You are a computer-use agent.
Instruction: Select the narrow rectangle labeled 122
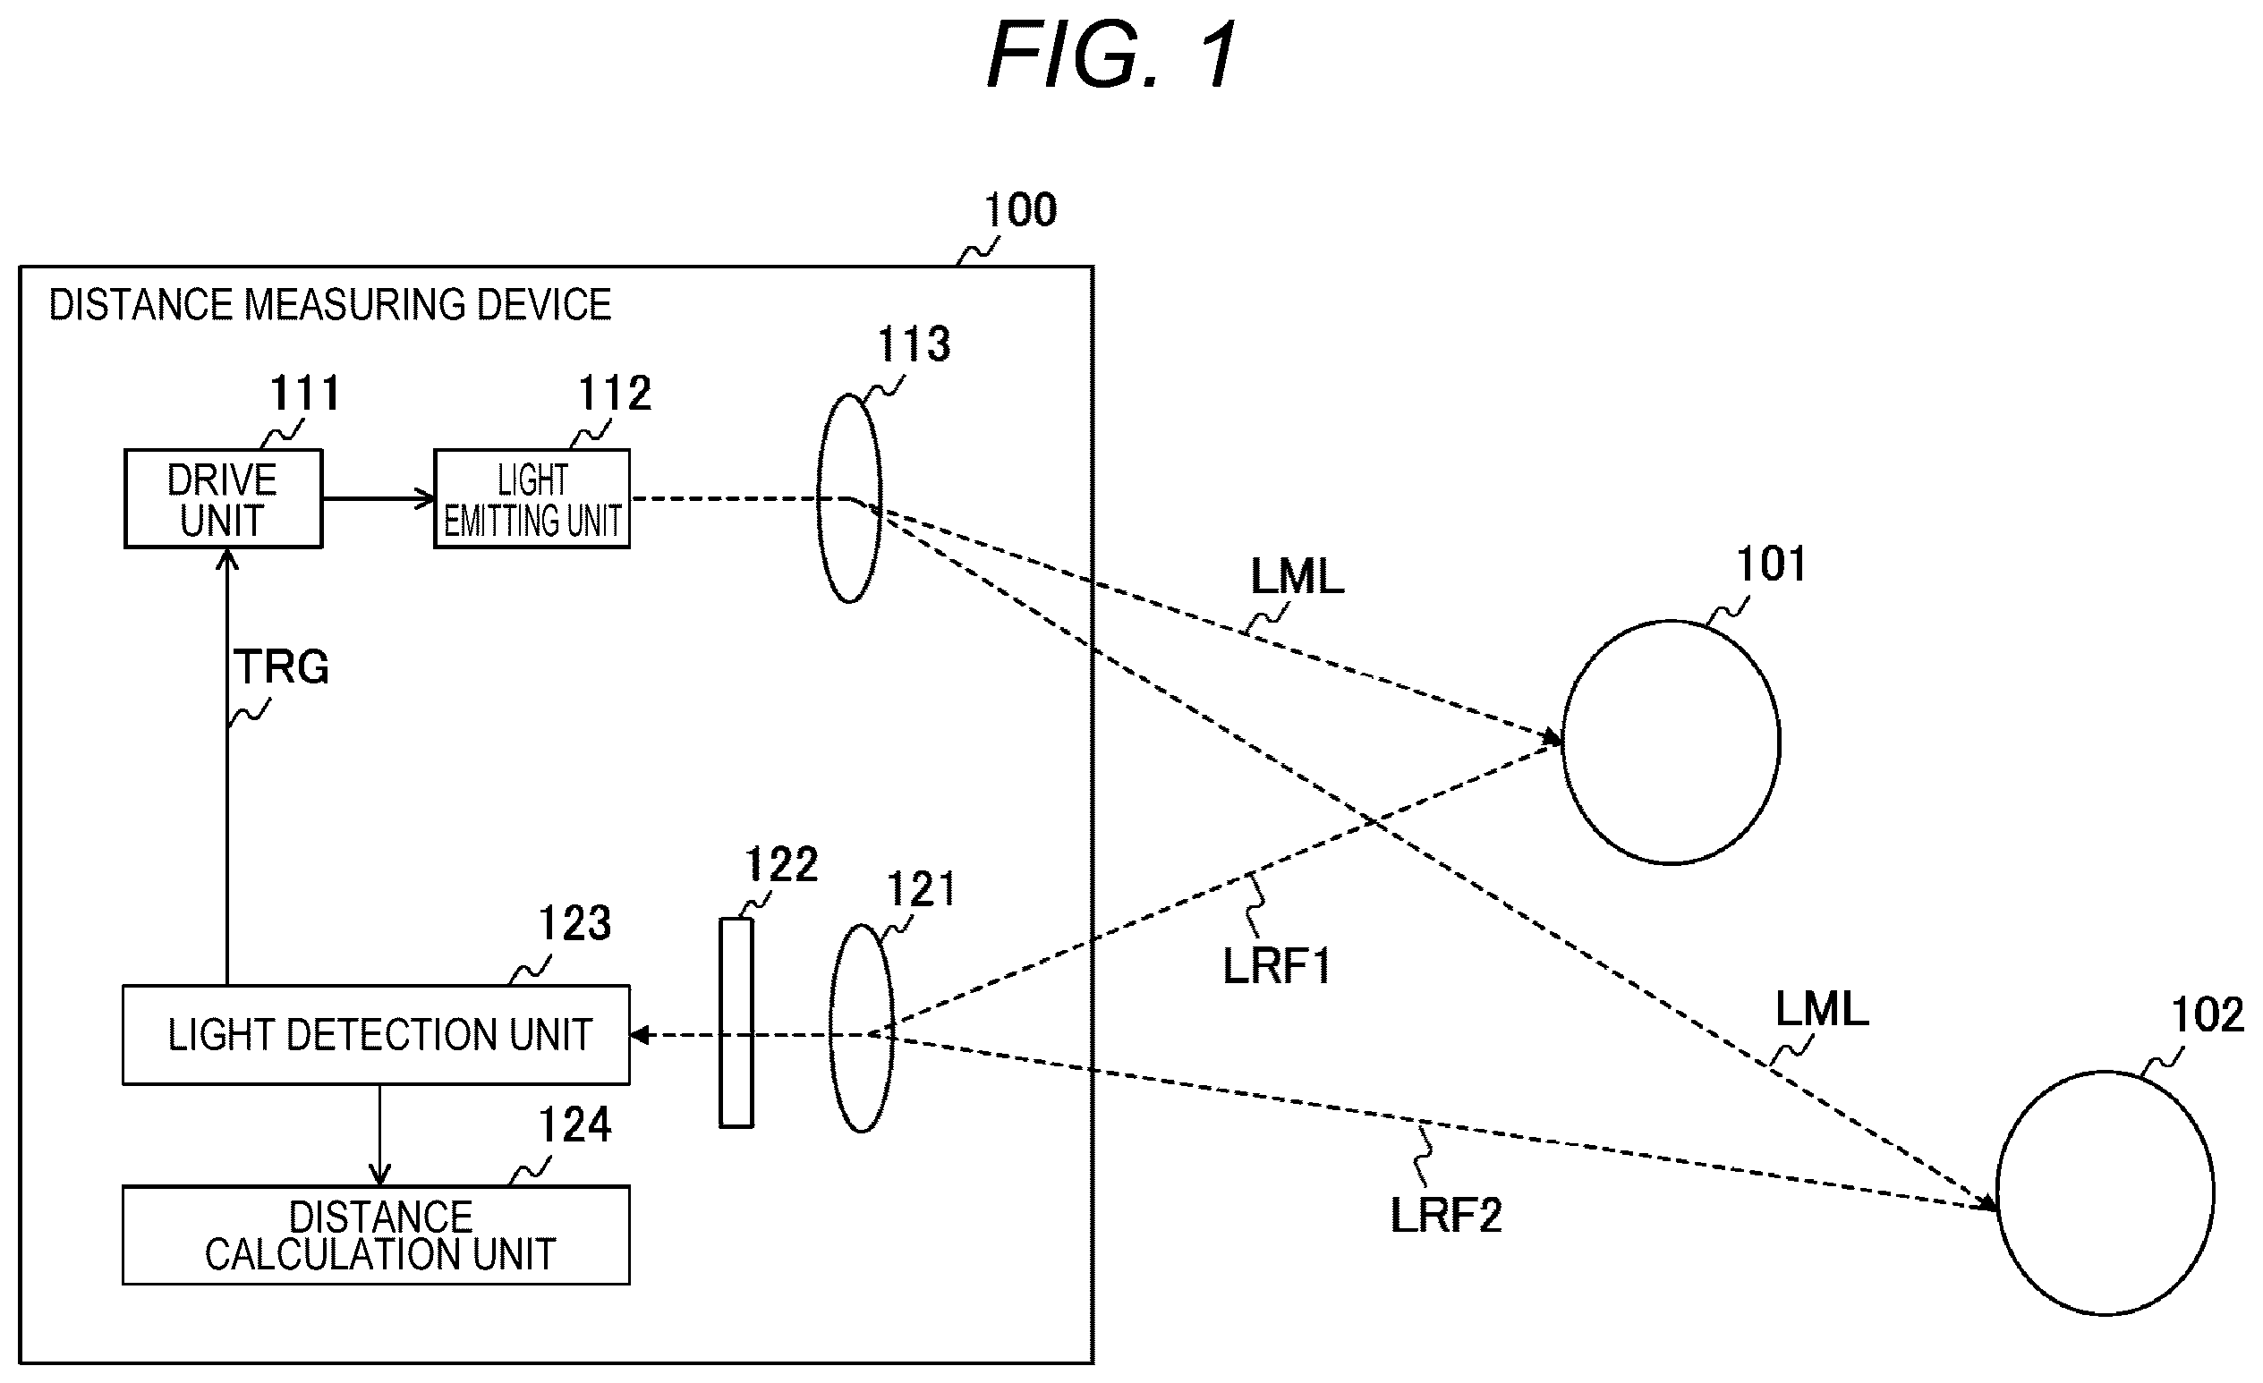tap(736, 1023)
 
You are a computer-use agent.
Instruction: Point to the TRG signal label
tap(281, 666)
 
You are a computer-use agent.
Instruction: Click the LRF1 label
tap(1277, 966)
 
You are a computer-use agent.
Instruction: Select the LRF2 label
tap(1447, 1216)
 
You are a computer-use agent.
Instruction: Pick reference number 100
tap(1020, 210)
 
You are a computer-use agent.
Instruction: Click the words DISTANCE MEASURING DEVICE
tap(329, 305)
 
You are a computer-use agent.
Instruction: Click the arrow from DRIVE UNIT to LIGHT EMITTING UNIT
tap(379, 498)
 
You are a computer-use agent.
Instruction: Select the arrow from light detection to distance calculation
tap(379, 1136)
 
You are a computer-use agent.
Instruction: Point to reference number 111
tap(305, 394)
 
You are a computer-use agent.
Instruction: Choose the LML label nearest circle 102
tap(1822, 1010)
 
